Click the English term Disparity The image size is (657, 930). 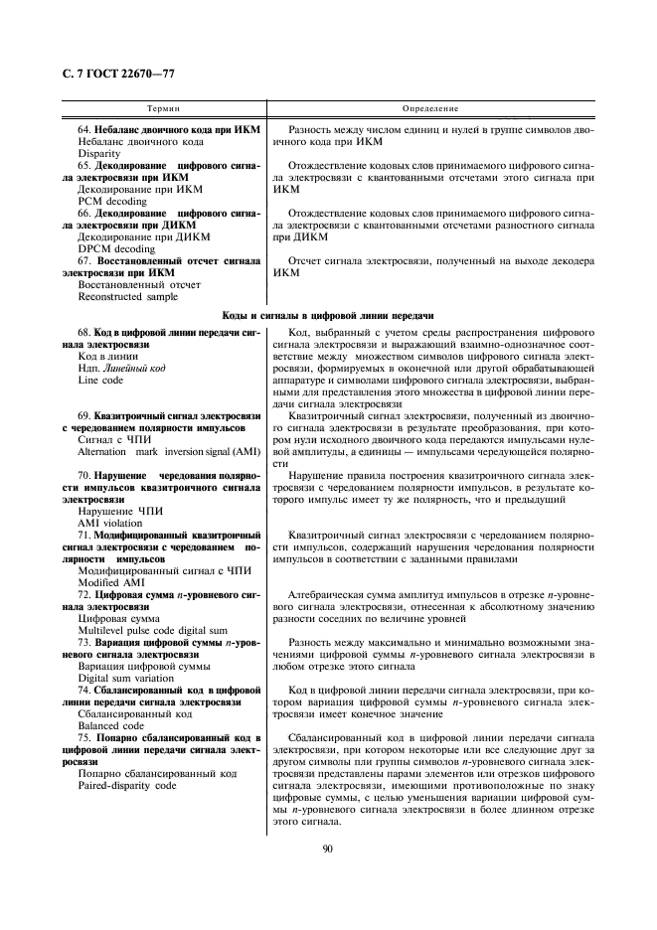point(98,154)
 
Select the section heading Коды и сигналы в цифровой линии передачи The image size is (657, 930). point(327,315)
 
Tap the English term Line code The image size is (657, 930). point(100,380)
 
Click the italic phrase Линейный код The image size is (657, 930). point(133,368)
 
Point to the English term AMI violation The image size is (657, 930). point(109,522)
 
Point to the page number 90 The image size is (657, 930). point(327,847)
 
